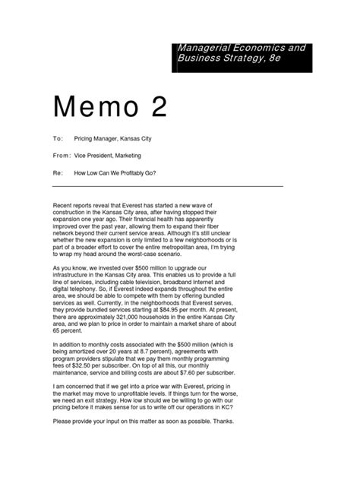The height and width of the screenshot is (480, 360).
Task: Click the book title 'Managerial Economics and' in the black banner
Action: point(241,47)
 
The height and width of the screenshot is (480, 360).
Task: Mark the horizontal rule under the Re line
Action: point(167,185)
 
